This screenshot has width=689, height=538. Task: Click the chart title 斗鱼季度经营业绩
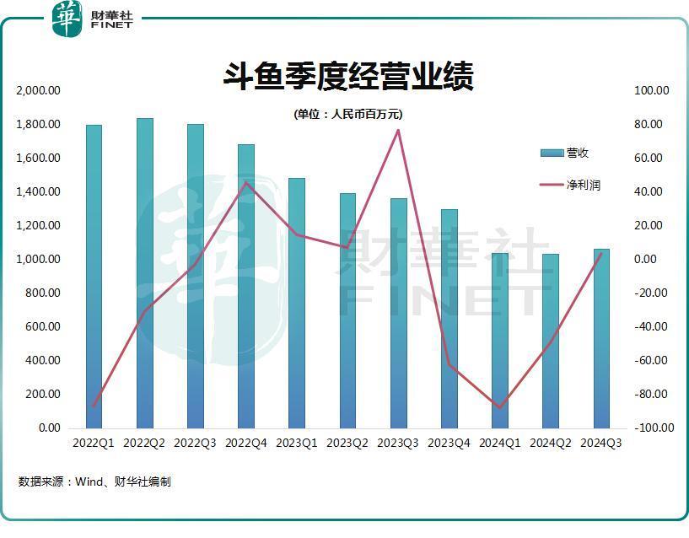tap(348, 76)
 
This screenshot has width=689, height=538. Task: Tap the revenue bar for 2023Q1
tap(297, 303)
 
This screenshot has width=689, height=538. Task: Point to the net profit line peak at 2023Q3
tap(398, 130)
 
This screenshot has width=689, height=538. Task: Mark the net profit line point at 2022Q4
tap(246, 182)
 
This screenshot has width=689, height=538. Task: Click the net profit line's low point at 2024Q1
tap(500, 407)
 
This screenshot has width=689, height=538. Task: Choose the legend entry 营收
tap(565, 153)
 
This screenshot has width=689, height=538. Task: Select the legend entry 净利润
tap(570, 185)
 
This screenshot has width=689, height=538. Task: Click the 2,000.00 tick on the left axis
tap(37, 90)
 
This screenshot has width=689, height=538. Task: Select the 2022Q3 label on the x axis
tap(196, 443)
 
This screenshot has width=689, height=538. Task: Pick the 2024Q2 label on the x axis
tap(551, 443)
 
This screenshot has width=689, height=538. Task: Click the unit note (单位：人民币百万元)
tap(348, 114)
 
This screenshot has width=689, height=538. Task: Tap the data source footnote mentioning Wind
tap(94, 482)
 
